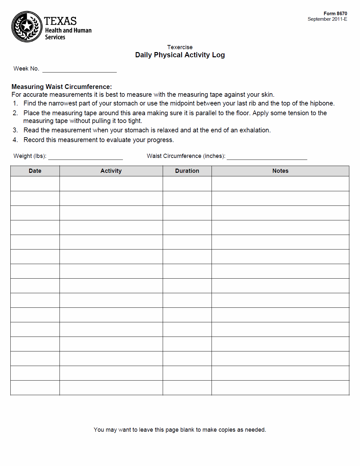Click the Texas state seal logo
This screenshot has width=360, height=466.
pos(27,27)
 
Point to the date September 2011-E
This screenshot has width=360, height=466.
pos(327,19)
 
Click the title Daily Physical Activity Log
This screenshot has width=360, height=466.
pos(180,55)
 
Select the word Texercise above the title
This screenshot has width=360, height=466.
pos(180,47)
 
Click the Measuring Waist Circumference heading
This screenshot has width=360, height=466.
pos(61,87)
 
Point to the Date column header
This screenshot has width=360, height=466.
pos(35,171)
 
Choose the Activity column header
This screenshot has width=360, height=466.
pos(111,171)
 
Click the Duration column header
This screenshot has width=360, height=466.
pos(187,171)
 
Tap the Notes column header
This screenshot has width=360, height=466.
pos(280,171)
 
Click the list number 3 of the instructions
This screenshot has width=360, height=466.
pos(15,130)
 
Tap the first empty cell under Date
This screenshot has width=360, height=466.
pos(35,183)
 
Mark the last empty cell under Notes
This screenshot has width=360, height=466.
pos(280,388)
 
